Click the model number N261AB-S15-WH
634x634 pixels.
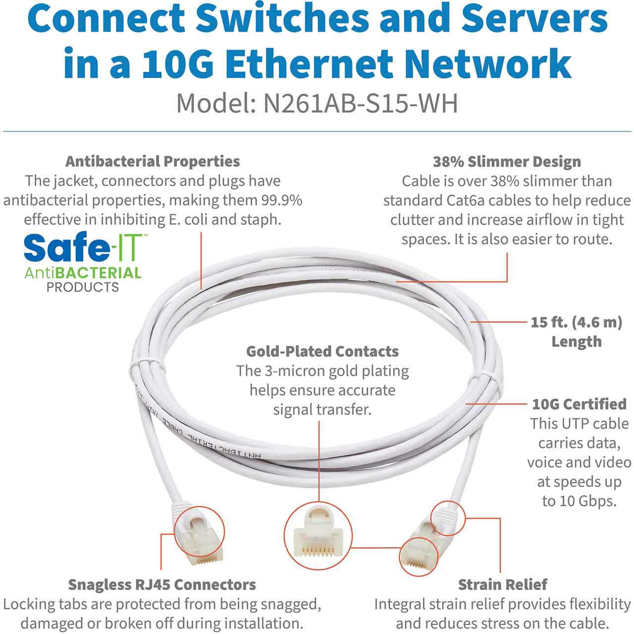click(361, 104)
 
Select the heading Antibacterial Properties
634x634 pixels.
click(153, 161)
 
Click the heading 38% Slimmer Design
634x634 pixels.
click(507, 161)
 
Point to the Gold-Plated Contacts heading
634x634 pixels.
click(322, 351)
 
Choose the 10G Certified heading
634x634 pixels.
click(579, 404)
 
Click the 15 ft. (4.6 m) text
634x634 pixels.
click(577, 322)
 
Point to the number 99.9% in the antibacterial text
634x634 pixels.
click(282, 201)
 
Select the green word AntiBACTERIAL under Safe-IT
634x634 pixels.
click(83, 273)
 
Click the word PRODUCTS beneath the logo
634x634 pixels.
click(83, 287)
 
